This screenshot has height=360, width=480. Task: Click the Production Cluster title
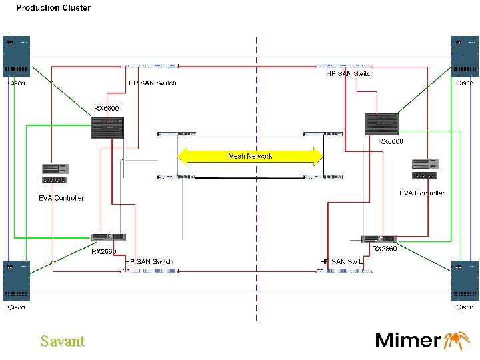(x=53, y=8)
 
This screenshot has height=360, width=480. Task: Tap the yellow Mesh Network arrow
(x=250, y=156)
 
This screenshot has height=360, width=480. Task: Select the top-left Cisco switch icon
(x=17, y=56)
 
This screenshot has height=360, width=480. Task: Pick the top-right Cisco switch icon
(x=465, y=56)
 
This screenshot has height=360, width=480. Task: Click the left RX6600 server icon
(x=107, y=127)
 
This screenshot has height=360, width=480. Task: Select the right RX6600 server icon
(x=382, y=125)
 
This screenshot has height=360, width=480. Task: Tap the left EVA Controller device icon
(x=55, y=174)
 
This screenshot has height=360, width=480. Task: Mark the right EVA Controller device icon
(x=426, y=169)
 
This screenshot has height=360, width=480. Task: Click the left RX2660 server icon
(x=108, y=238)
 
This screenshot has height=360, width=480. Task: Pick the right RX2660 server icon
(x=379, y=239)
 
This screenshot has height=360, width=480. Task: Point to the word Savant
(x=63, y=341)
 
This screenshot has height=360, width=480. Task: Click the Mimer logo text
(x=408, y=340)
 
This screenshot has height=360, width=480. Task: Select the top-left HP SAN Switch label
(x=152, y=83)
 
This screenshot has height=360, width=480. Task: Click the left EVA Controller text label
(x=61, y=198)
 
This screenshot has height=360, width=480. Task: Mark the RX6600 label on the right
(x=391, y=141)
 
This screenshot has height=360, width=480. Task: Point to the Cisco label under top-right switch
(x=465, y=83)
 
